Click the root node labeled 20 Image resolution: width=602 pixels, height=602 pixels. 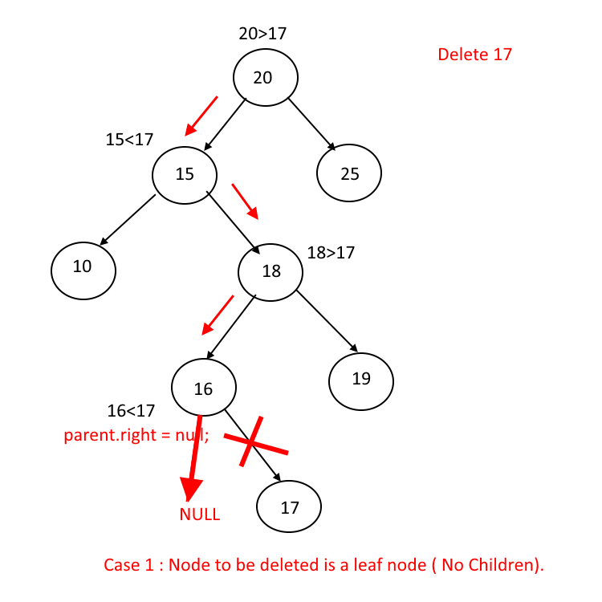pyautogui.click(x=266, y=78)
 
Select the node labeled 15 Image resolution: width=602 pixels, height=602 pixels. pyautogui.click(x=185, y=173)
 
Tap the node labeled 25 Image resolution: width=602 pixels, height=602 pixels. pyautogui.click(x=349, y=173)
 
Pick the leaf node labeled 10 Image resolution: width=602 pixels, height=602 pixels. pyautogui.click(x=83, y=267)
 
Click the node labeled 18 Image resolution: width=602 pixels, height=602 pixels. pyautogui.click(x=271, y=271)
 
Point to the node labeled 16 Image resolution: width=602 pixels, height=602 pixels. pyautogui.click(x=204, y=388)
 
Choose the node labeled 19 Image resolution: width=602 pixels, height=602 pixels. pyautogui.click(x=361, y=379)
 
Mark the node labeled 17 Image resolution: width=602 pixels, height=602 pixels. pyautogui.click(x=289, y=507)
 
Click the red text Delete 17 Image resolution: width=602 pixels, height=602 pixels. pyautogui.click(x=474, y=55)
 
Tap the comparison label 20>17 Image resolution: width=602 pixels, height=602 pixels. pyautogui.click(x=262, y=34)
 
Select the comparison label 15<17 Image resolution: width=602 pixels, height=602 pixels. pyautogui.click(x=129, y=140)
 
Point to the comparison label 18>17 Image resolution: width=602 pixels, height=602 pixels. pyautogui.click(x=331, y=253)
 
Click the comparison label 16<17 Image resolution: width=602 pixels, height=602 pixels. pyautogui.click(x=131, y=411)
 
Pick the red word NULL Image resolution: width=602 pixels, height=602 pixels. pyautogui.click(x=200, y=515)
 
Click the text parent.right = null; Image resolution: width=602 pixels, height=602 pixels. pyautogui.click(x=136, y=436)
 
